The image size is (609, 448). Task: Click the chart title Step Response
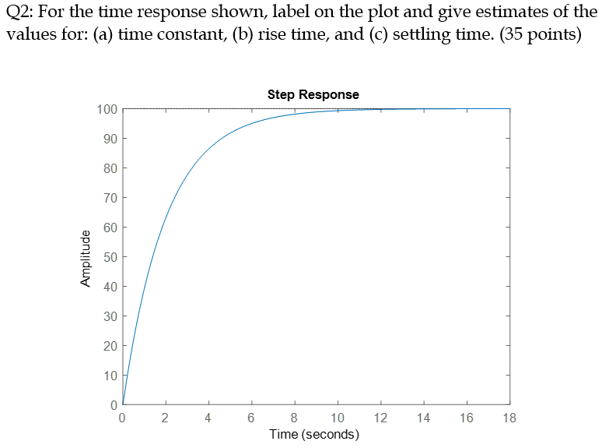(313, 94)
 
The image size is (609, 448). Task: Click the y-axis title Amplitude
(86, 258)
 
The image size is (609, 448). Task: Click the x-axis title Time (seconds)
(313, 434)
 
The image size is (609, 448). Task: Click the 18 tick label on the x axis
(509, 418)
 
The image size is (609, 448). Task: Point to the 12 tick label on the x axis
(380, 418)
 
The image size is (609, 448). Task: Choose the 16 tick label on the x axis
(467, 418)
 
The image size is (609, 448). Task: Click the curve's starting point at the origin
(123, 405)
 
